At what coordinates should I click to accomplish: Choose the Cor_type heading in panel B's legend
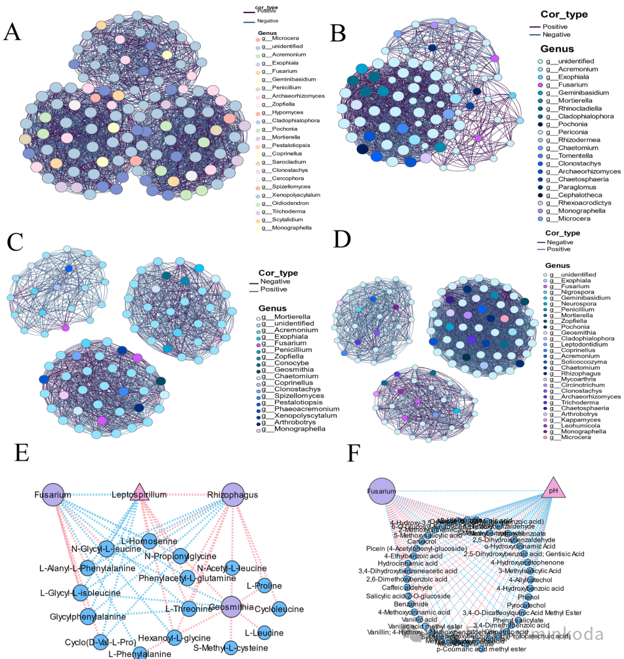564,14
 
